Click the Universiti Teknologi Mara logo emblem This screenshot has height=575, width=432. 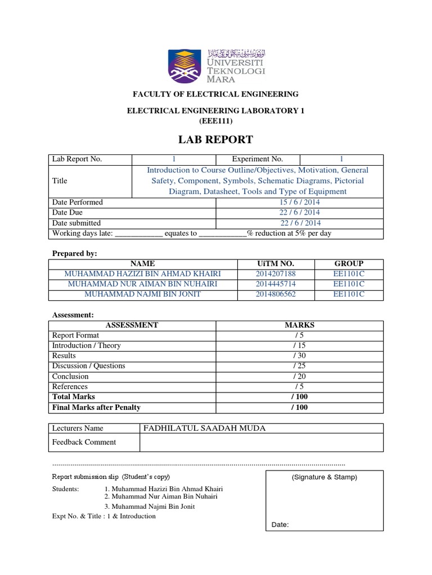point(186,65)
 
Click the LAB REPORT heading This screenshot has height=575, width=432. point(215,139)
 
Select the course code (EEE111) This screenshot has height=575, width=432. point(215,121)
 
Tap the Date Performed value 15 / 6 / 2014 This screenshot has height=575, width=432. point(299,202)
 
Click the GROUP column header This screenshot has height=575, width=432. point(349,263)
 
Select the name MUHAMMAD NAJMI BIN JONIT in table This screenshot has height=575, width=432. point(143,294)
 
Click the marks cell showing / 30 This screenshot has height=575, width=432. point(299,356)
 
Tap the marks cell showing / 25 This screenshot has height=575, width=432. point(299,366)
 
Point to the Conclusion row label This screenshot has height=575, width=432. point(70,376)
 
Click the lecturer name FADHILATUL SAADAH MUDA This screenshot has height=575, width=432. point(205,428)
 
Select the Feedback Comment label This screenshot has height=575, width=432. point(84,442)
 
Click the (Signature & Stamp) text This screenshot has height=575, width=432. point(324,477)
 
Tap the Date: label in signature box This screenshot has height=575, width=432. point(280,525)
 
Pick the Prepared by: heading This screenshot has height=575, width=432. point(75,253)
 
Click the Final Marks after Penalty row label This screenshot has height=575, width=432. point(96,407)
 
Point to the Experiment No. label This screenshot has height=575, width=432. point(258,159)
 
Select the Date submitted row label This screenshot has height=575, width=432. point(76,223)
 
